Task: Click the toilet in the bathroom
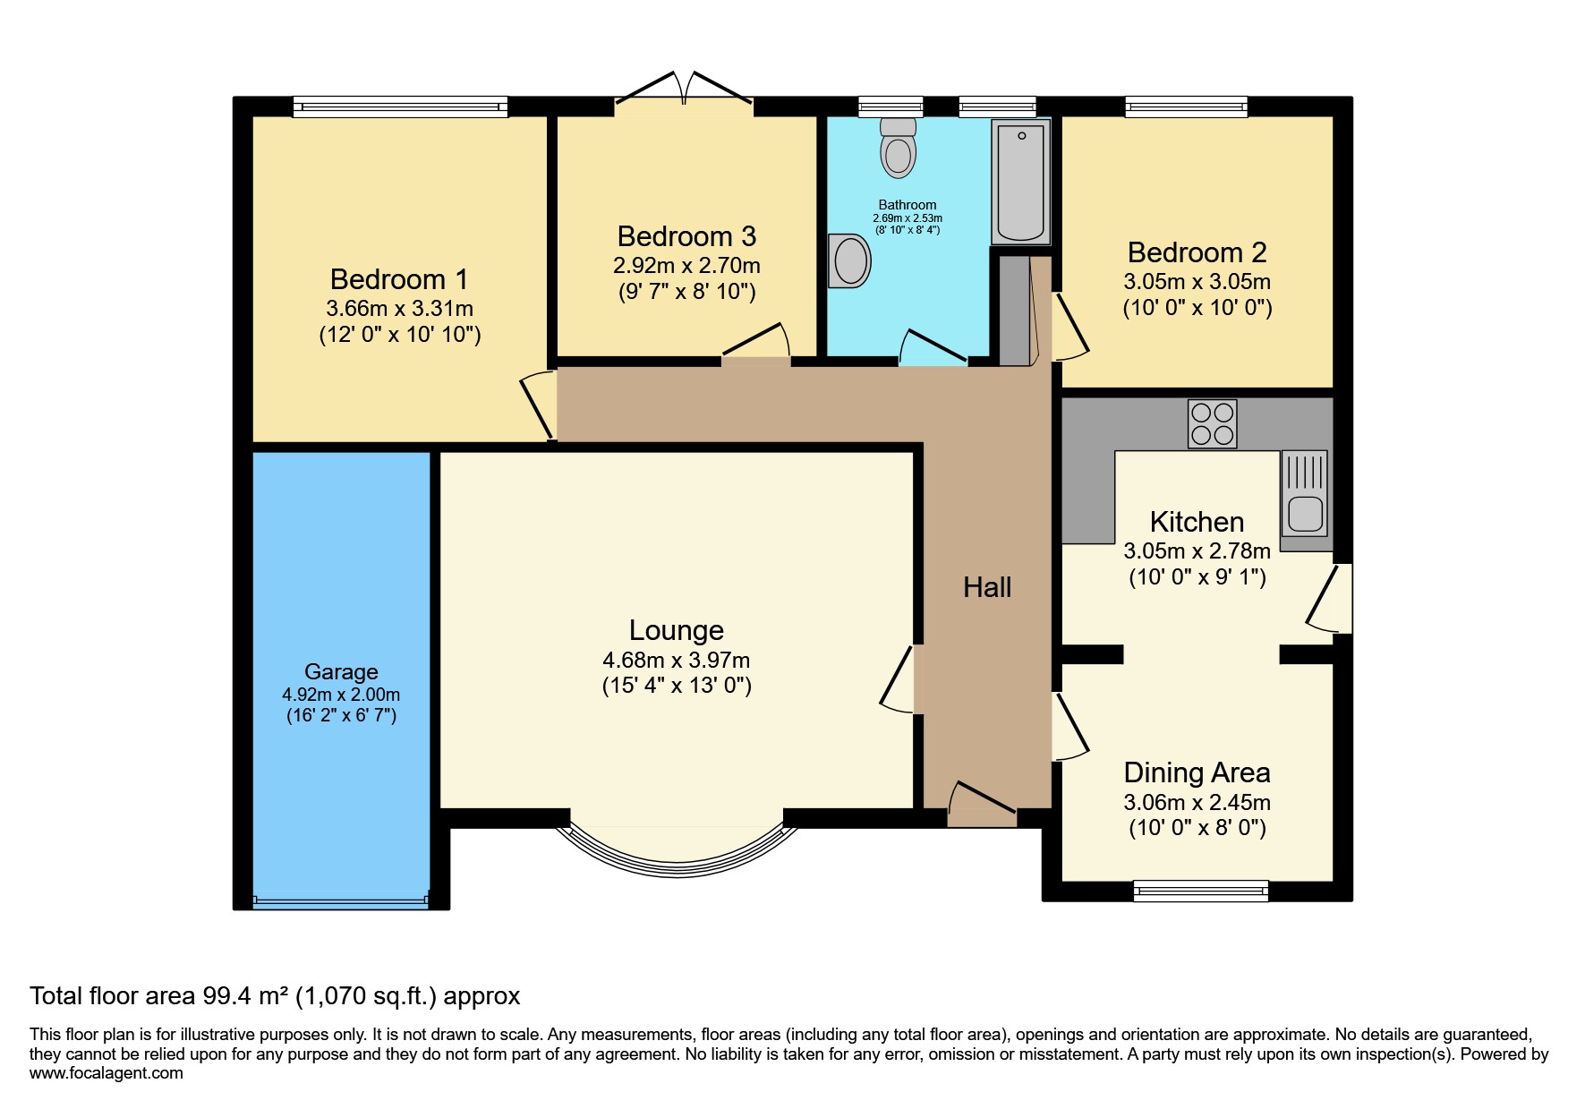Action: click(898, 149)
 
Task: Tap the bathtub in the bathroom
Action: click(1020, 183)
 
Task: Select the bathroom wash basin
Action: click(849, 261)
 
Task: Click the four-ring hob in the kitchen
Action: click(1212, 423)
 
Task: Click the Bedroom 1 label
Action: click(399, 279)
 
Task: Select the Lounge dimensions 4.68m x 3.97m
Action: click(677, 661)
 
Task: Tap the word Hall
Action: click(986, 587)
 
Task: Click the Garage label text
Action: click(341, 671)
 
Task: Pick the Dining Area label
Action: click(1197, 772)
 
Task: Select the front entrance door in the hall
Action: click(982, 803)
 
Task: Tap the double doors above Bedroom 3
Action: click(684, 90)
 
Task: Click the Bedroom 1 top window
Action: click(400, 107)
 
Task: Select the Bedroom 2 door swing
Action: click(1070, 324)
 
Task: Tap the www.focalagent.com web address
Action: click(106, 1073)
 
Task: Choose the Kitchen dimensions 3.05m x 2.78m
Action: click(1197, 550)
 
